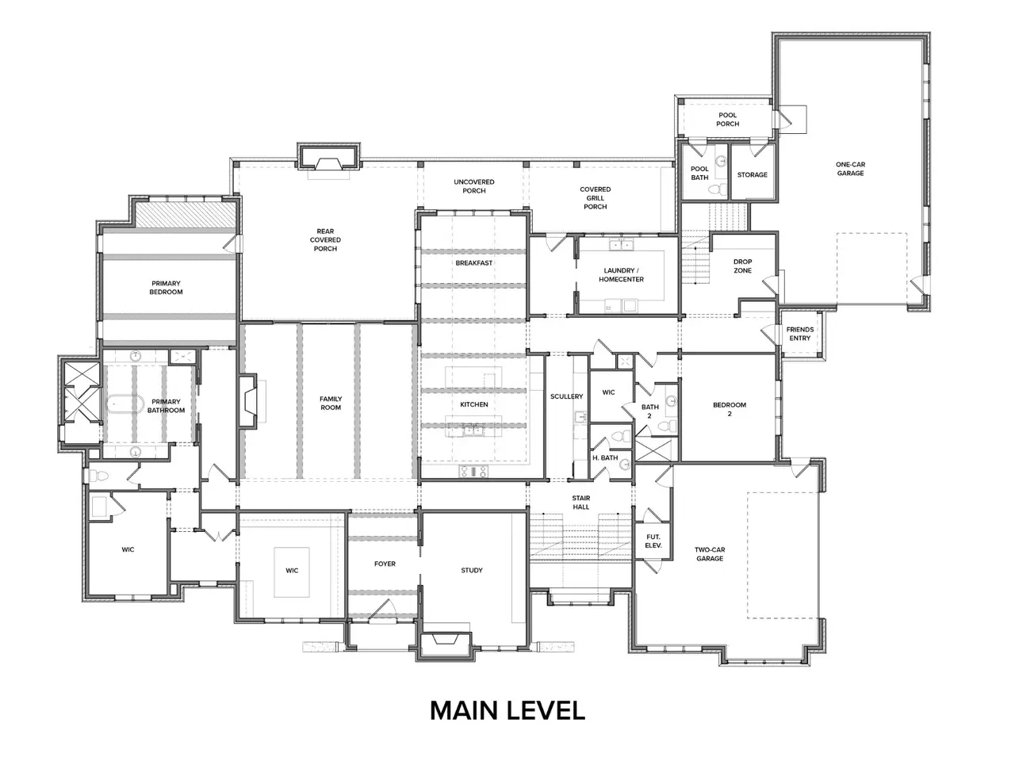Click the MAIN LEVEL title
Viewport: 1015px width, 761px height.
click(x=507, y=710)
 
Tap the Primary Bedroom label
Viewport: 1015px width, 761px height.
click(x=166, y=288)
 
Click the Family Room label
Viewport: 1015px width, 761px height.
click(x=331, y=403)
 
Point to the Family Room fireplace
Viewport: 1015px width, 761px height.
click(x=250, y=402)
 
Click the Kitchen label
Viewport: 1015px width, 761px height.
click(x=474, y=404)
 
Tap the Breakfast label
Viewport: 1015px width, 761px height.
click(x=474, y=263)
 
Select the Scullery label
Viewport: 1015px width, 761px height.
click(x=566, y=396)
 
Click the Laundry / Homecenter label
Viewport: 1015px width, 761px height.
click(x=621, y=275)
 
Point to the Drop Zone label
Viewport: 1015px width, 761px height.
click(x=743, y=266)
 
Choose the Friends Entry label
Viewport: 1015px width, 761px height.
click(x=800, y=334)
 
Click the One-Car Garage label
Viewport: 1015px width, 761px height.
click(x=850, y=169)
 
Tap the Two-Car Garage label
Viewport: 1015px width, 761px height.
click(x=710, y=554)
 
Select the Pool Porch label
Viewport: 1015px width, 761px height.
click(x=728, y=119)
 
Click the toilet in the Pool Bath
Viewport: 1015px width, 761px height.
click(x=718, y=189)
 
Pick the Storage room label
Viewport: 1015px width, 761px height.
click(x=753, y=174)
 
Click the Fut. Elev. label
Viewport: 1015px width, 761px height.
click(x=653, y=541)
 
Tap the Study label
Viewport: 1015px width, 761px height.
click(x=472, y=570)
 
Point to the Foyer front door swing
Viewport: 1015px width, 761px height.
click(x=383, y=610)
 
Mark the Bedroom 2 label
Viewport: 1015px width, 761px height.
click(x=730, y=409)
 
